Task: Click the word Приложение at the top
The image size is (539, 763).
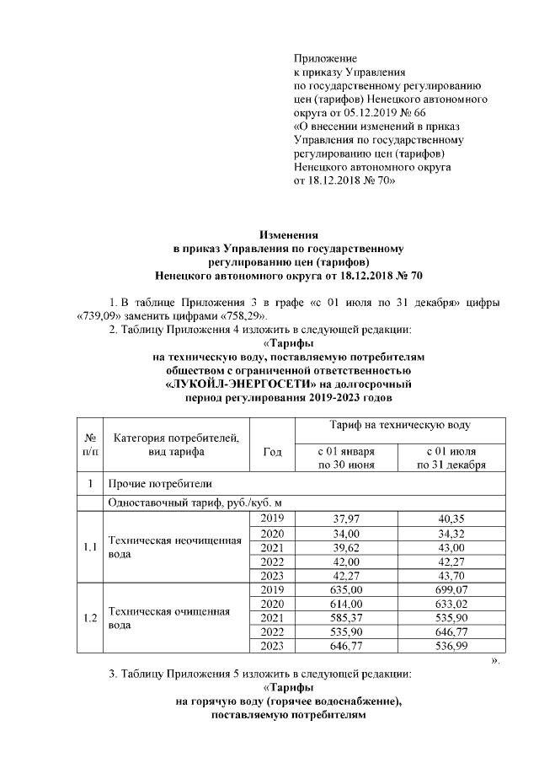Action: pos(325,58)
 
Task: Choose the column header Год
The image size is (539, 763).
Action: pos(272,452)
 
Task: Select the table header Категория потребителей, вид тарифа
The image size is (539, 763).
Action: pos(176,444)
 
